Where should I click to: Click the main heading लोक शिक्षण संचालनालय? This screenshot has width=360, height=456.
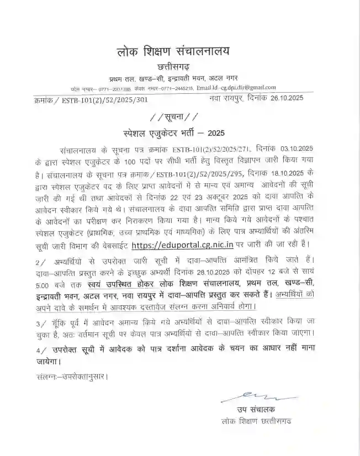pyautogui.click(x=173, y=52)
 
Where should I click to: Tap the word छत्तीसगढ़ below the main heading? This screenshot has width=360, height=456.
pyautogui.click(x=173, y=67)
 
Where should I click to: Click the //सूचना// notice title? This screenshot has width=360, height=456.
pyautogui.click(x=172, y=118)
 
